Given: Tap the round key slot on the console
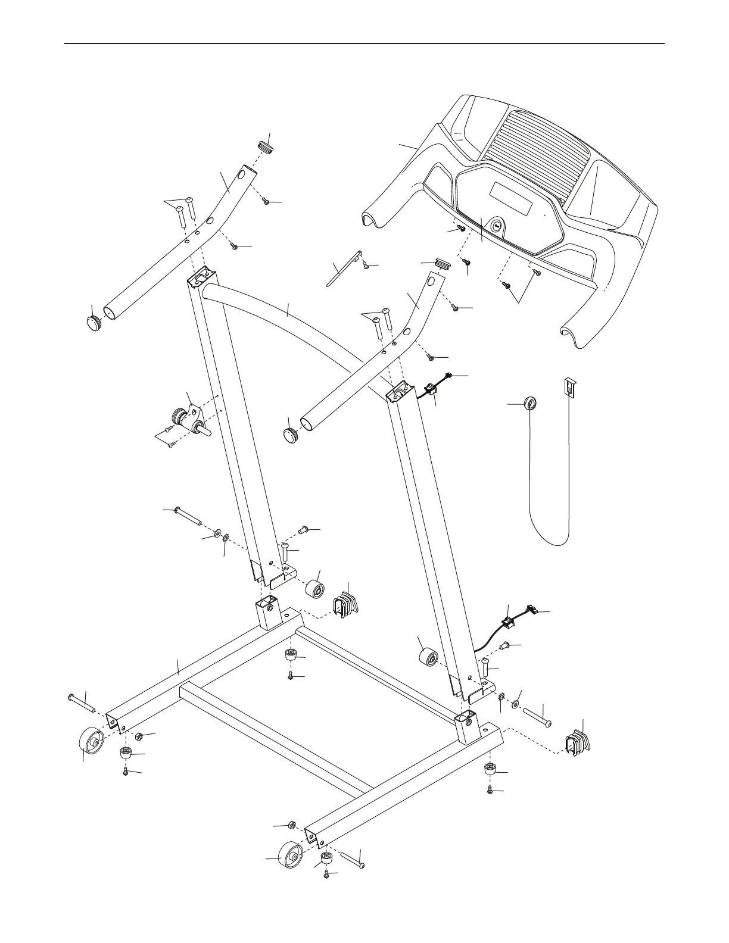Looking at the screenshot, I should tap(496, 226).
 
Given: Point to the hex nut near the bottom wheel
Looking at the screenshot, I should tap(292, 825).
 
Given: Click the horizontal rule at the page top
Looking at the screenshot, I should tap(364, 43).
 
